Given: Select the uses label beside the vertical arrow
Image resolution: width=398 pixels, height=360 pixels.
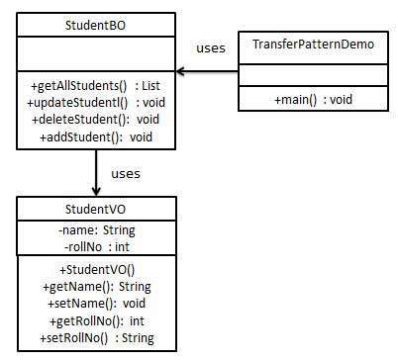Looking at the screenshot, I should click(124, 173).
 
